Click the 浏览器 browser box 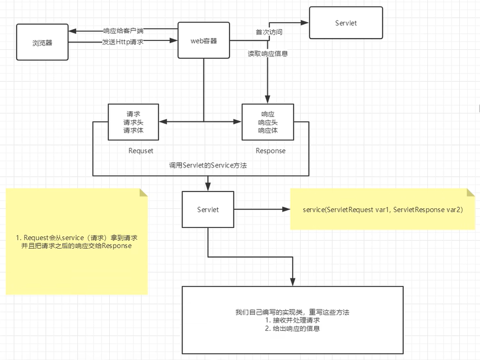[x=42, y=43]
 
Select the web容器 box [x=203, y=41]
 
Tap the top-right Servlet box [x=346, y=23]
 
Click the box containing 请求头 [x=133, y=123]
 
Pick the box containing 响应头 [x=268, y=123]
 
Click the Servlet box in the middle [x=208, y=209]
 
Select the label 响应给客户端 [x=123, y=31]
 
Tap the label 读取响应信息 [x=268, y=54]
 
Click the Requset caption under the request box [x=141, y=151]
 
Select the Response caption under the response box [x=271, y=151]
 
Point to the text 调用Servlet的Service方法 [x=208, y=166]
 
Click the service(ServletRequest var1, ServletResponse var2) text [x=383, y=209]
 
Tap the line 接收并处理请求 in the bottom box [x=292, y=320]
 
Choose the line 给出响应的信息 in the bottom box [x=292, y=329]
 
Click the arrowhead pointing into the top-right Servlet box [x=306, y=23]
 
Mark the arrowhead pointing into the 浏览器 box [x=72, y=31]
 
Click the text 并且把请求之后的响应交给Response [x=77, y=246]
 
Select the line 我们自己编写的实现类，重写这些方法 [x=292, y=311]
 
